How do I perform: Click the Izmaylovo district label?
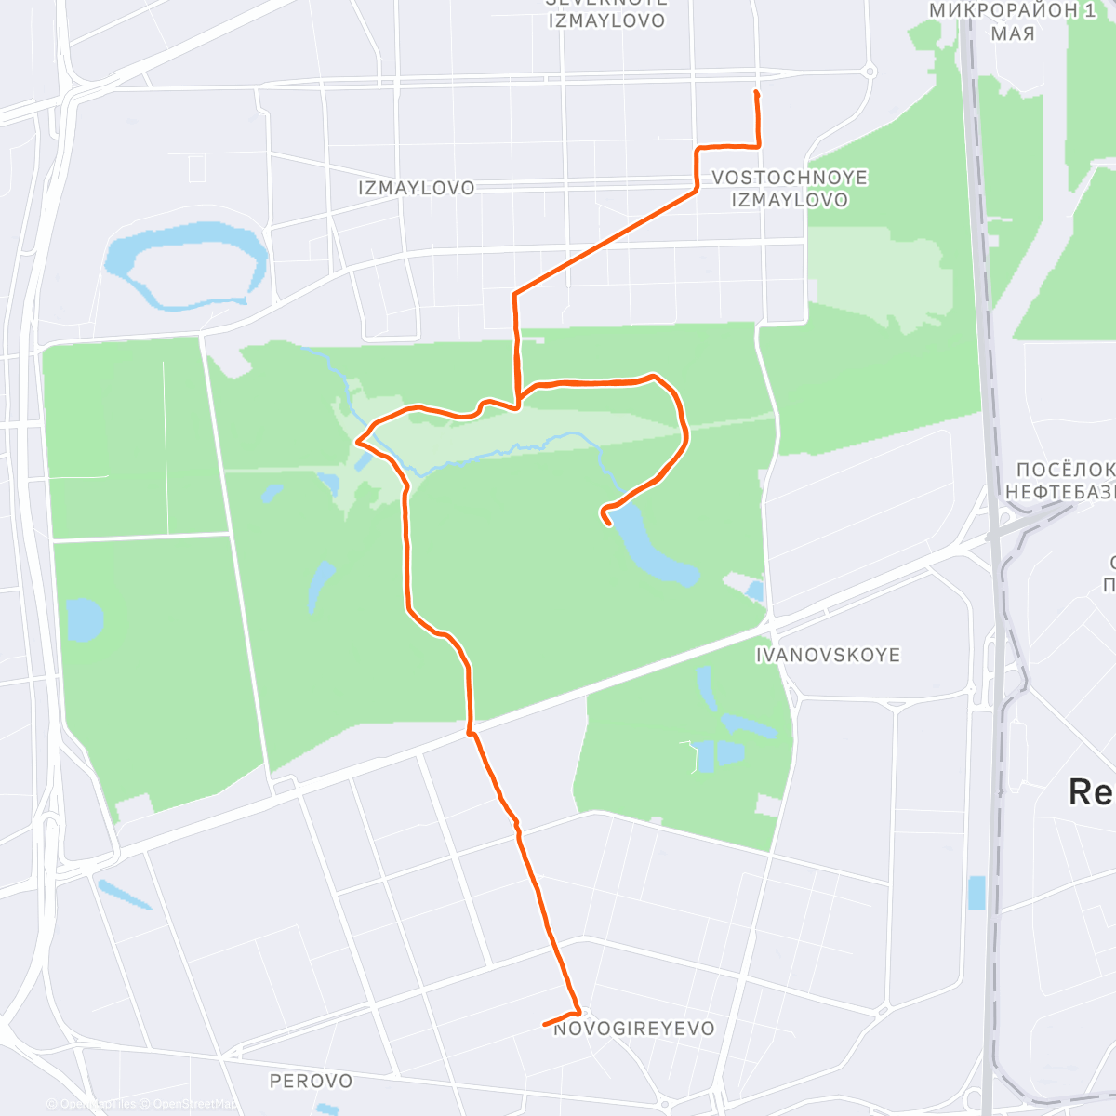point(416,188)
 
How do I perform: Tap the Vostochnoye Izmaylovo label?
point(789,189)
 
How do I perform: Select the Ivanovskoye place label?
point(828,655)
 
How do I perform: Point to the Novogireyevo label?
point(634,1029)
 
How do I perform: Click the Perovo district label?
point(311,1081)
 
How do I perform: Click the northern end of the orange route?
point(756,93)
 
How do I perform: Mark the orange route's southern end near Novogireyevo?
point(545,1025)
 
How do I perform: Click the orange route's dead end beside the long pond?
point(609,524)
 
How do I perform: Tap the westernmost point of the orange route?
point(357,441)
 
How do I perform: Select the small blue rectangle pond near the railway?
point(976,893)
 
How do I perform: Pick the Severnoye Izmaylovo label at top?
point(606,13)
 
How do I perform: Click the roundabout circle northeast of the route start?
point(870,71)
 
